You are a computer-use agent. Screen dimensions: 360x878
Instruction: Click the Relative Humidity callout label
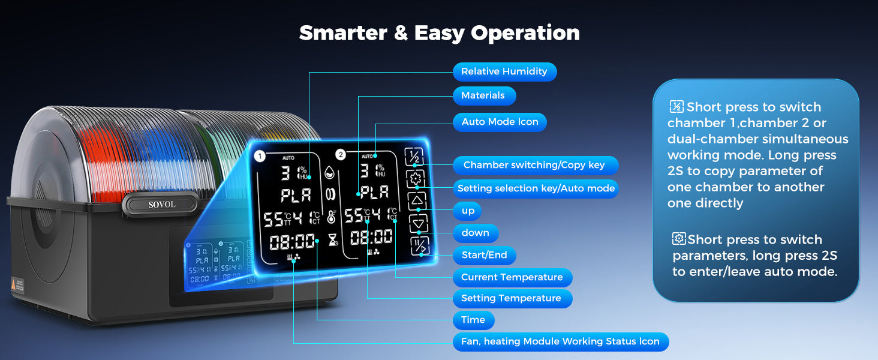tap(504, 71)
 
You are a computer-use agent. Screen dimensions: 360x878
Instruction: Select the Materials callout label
tap(483, 95)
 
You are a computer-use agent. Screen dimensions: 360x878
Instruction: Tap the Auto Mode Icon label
tap(500, 122)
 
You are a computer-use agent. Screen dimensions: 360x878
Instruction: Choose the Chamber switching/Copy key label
tap(534, 165)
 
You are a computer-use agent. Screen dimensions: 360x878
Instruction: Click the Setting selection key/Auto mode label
tap(536, 188)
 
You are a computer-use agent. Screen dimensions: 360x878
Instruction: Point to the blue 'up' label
tap(468, 211)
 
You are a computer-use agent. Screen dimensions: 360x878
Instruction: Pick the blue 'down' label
tap(475, 233)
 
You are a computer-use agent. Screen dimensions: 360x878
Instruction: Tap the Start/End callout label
tap(484, 255)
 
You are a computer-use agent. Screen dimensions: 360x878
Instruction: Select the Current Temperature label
tap(512, 277)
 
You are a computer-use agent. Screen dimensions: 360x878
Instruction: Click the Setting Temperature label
tap(511, 298)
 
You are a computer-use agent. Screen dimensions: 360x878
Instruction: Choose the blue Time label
tap(473, 320)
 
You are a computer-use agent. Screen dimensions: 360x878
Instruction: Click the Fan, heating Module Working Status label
tap(561, 342)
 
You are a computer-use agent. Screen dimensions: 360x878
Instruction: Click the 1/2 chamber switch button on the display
tap(414, 157)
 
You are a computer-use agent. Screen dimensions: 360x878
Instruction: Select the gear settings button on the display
tap(416, 178)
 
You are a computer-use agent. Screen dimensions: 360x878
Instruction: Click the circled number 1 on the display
tap(260, 157)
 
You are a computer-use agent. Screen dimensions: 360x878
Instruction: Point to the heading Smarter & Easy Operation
tap(439, 33)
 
